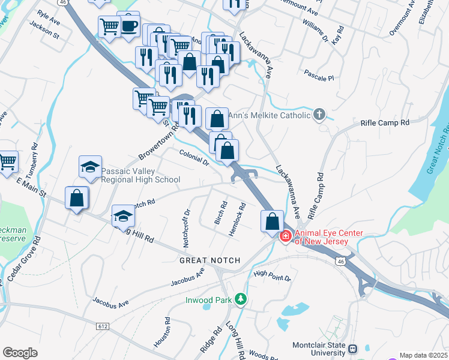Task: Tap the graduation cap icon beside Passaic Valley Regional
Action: point(90,167)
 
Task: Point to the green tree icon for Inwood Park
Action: point(240,298)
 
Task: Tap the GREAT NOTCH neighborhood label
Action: point(210,260)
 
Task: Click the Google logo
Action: point(20,352)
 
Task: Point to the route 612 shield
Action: point(102,325)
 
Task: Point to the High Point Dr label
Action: point(272,276)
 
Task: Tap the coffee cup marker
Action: point(128,25)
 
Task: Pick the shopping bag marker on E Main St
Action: point(77,198)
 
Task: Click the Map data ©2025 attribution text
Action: point(423,355)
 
